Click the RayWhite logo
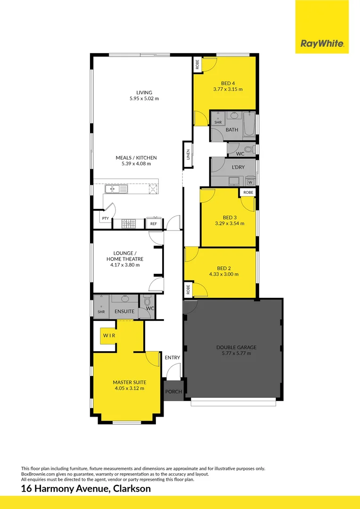point(322,44)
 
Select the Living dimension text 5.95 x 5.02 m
point(144,99)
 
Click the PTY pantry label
point(105,219)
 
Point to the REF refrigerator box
point(154,224)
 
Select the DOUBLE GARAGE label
point(237,347)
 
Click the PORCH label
point(173,391)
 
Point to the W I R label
point(109,335)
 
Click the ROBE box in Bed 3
point(248,192)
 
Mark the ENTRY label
point(172,358)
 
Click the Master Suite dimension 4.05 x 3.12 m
point(129,388)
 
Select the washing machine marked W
point(250,182)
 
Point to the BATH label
point(232,130)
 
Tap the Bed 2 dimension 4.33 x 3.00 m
point(224,274)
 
